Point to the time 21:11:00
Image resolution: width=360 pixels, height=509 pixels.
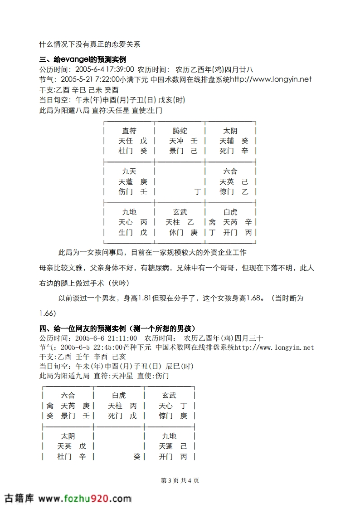pos(121,338)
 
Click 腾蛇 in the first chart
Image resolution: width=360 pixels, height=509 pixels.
pos(180,131)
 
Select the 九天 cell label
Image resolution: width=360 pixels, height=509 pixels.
pos(129,171)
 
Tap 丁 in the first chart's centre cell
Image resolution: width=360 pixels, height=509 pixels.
pos(197,192)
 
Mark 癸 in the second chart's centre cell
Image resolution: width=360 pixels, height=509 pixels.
pos(136,457)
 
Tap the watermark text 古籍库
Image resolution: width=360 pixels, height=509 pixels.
pos(19,498)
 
